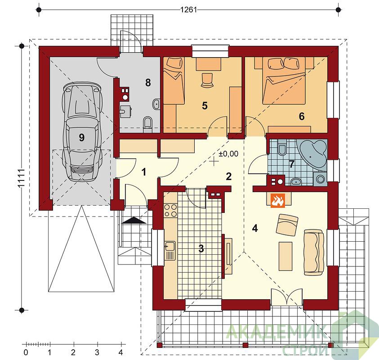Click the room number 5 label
[x=205, y=106]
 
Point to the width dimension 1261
[x=188, y=10]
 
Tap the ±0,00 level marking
[x=228, y=153]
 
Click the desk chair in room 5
[x=207, y=80]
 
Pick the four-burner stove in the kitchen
[x=170, y=210]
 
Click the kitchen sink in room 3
[x=170, y=250]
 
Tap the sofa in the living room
[x=313, y=252]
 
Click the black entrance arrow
[x=134, y=220]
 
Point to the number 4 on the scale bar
[x=120, y=352]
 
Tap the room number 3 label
[x=201, y=248]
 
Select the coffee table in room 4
[x=285, y=256]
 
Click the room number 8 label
[x=148, y=82]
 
